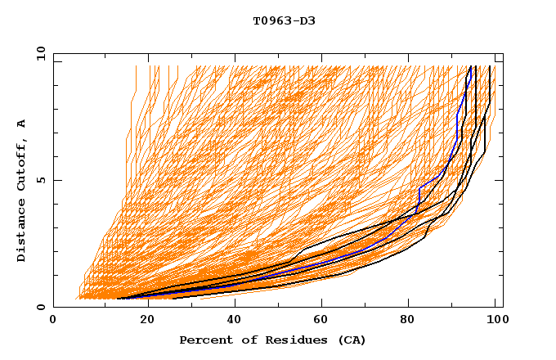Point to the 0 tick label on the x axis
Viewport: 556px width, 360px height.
53,322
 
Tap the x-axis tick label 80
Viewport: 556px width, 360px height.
412,322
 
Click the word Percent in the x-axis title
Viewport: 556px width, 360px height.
204,340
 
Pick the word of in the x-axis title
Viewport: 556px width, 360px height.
247,340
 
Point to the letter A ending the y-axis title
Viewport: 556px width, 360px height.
22,124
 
